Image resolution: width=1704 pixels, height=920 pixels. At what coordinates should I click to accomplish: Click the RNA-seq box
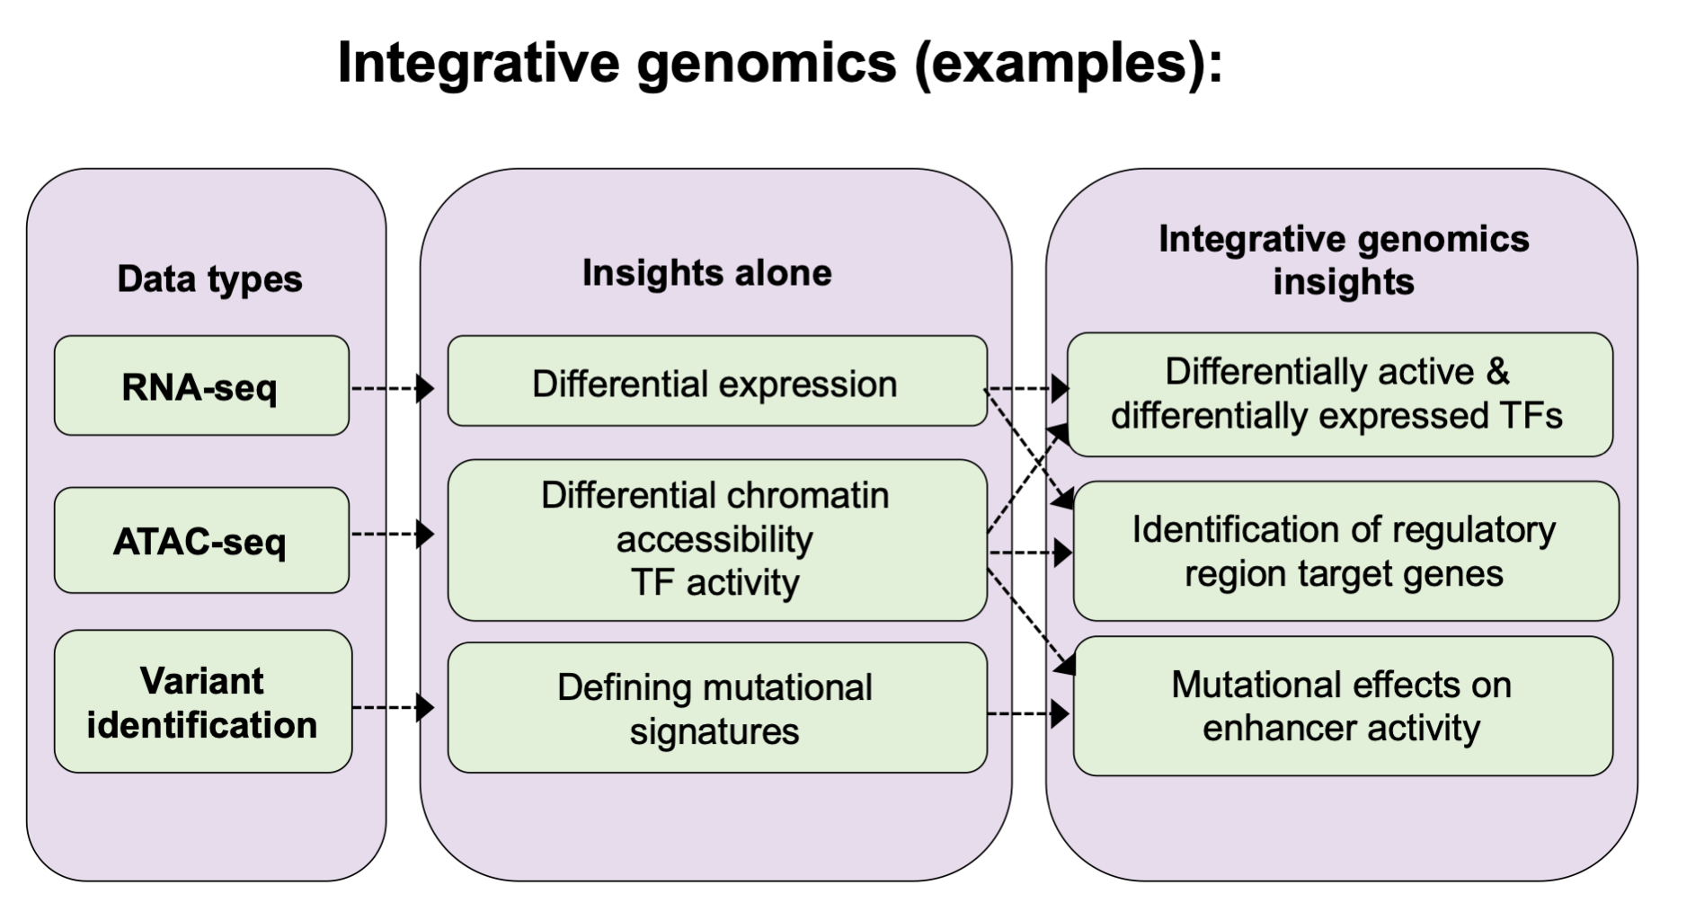click(x=201, y=386)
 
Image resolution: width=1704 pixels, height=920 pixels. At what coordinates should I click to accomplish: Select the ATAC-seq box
click(x=201, y=541)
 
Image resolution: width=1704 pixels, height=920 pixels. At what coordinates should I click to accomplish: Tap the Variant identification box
click(x=202, y=703)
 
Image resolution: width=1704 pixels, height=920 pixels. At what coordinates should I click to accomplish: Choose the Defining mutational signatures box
click(x=715, y=709)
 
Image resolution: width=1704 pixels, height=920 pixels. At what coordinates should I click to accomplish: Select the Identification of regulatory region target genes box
click(x=1345, y=552)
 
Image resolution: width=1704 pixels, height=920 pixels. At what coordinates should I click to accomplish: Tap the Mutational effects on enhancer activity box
click(x=1342, y=707)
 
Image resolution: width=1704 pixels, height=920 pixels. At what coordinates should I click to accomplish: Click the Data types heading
click(x=209, y=279)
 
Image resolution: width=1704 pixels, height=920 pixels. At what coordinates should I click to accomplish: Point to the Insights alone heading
click(x=706, y=273)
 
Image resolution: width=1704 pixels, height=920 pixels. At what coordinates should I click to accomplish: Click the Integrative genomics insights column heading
click(x=1344, y=260)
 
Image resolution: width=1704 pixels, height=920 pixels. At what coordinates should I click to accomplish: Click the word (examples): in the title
click(x=1069, y=64)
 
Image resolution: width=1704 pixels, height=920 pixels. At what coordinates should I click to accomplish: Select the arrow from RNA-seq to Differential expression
click(x=392, y=389)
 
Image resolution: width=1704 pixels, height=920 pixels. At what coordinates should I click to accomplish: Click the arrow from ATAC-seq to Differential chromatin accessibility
click(x=392, y=535)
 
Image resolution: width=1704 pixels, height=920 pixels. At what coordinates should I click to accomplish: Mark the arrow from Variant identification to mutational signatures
click(x=392, y=708)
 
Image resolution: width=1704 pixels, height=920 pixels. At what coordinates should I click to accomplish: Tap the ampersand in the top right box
click(x=1497, y=372)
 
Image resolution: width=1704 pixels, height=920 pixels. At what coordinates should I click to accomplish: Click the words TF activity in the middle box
click(x=715, y=583)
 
